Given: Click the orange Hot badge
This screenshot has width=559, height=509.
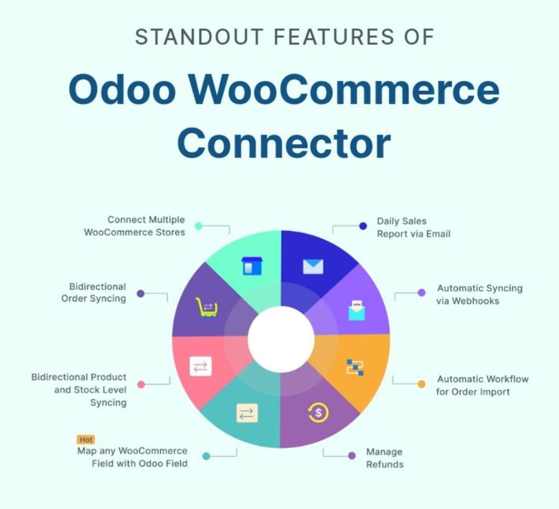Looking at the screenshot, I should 86,440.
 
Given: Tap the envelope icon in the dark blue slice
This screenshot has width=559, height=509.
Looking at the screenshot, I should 313,267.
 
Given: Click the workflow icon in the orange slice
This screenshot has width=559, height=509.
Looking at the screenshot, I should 355,367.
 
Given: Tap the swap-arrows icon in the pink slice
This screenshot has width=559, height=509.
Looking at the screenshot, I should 200,366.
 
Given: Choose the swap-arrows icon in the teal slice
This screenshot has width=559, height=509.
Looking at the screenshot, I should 246,413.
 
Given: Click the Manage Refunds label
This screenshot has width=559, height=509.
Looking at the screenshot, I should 385,458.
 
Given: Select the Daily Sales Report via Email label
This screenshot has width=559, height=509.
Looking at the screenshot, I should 413,228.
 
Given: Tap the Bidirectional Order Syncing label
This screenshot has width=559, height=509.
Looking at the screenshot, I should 93,292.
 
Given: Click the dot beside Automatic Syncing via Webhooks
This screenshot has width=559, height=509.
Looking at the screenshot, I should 421,293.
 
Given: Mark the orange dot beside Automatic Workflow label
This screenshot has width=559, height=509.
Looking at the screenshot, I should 421,384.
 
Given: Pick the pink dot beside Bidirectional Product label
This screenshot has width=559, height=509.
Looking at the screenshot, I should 141,384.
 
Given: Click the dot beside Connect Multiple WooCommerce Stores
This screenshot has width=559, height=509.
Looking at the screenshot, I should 199,226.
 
